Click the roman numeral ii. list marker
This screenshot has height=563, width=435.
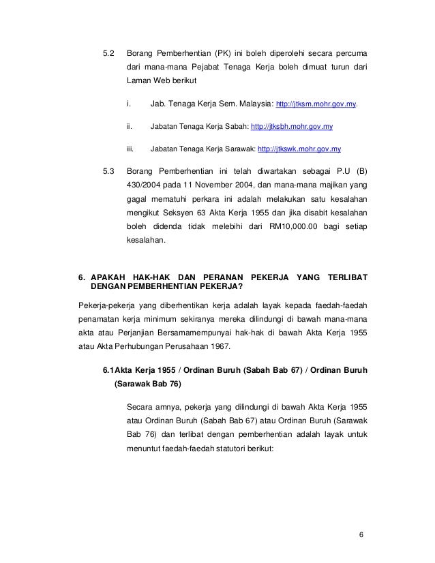(130, 126)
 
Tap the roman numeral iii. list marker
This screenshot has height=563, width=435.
(130, 148)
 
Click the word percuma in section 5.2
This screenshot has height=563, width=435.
(351, 54)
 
